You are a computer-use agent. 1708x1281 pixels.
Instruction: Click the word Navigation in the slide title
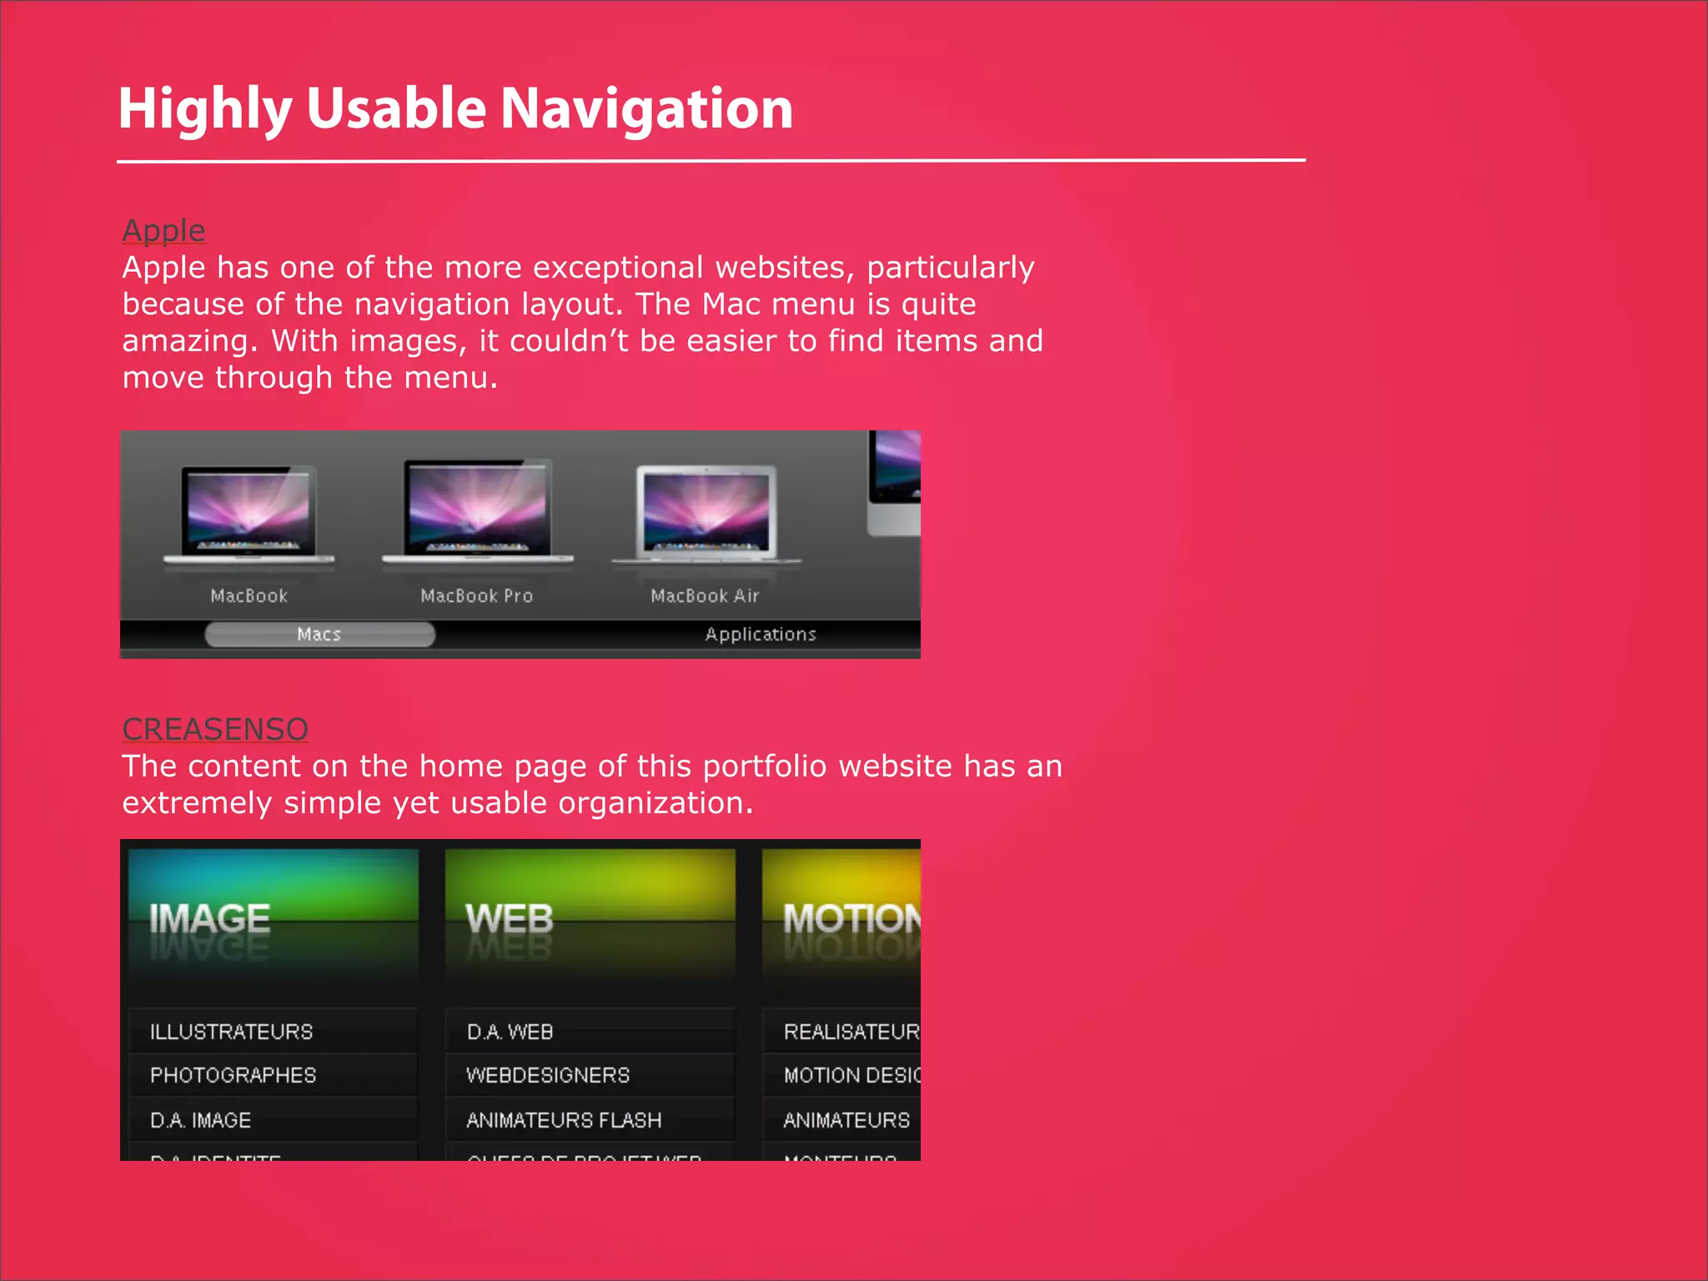tap(646, 109)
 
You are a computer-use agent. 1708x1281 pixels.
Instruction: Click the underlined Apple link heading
tap(163, 230)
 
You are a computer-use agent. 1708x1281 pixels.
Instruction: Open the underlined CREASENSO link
tap(215, 729)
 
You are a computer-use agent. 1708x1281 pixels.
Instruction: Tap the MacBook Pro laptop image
tap(477, 510)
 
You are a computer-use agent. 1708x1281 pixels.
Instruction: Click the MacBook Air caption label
tap(705, 595)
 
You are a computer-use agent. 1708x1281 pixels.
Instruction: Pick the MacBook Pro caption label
tap(476, 595)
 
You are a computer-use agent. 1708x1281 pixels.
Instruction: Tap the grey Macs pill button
tap(319, 635)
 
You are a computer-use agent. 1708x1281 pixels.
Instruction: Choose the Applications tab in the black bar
tap(761, 635)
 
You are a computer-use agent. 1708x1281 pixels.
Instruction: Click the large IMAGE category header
tap(209, 919)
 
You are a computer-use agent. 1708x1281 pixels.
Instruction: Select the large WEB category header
tap(510, 919)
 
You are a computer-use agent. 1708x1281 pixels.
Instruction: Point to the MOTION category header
tap(851, 919)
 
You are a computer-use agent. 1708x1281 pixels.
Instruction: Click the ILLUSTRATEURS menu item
tap(231, 1032)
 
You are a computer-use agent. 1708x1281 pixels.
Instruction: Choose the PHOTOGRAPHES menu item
tap(233, 1075)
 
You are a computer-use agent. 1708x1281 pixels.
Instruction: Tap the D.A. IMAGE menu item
tap(200, 1120)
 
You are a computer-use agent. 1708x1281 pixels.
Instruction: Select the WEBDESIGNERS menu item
tap(548, 1075)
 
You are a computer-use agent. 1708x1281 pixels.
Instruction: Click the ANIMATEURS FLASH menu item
tap(564, 1120)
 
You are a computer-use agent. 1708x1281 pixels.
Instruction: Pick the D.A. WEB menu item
tap(510, 1032)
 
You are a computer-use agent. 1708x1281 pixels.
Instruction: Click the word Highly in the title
tap(204, 109)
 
